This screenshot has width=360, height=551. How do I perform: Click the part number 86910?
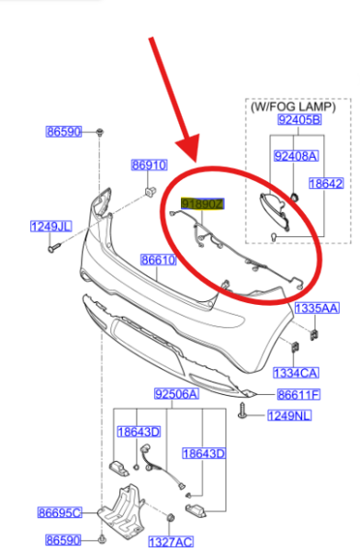pyautogui.click(x=149, y=165)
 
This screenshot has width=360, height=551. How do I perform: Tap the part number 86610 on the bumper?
pyautogui.click(x=158, y=261)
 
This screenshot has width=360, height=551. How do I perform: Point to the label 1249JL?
pyautogui.click(x=51, y=226)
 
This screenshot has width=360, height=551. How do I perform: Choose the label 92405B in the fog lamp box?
pyautogui.click(x=299, y=119)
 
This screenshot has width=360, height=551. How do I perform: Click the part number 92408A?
pyautogui.click(x=296, y=156)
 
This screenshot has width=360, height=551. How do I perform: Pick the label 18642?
pyautogui.click(x=325, y=184)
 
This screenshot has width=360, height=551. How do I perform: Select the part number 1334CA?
pyautogui.click(x=296, y=373)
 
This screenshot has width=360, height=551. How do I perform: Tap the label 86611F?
pyautogui.click(x=298, y=395)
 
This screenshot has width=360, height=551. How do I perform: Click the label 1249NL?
pyautogui.click(x=289, y=416)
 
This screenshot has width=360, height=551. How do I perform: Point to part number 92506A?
pyautogui.click(x=175, y=395)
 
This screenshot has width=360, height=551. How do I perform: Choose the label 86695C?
pyautogui.click(x=60, y=512)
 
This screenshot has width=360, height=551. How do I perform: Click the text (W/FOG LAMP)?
pyautogui.click(x=298, y=107)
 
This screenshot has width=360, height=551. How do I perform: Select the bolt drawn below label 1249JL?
pyautogui.click(x=53, y=245)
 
